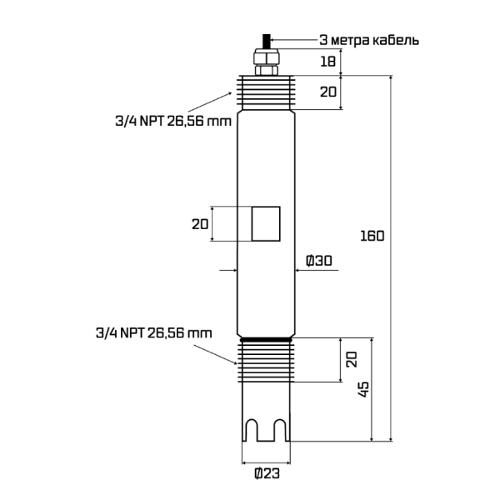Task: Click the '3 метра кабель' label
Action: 369,40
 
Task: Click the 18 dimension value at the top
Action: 329,62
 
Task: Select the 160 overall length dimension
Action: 372,235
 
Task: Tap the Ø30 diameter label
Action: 318,261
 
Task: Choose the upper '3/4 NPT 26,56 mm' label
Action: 173,120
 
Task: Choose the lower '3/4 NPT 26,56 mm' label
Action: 153,332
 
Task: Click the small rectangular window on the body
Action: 266,223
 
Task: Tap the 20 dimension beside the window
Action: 199,223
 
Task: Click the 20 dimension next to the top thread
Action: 329,92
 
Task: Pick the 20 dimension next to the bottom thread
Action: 352,360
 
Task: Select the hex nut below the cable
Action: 266,59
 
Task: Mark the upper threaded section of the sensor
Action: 266,92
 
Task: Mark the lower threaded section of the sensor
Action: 266,360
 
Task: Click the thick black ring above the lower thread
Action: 266,338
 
